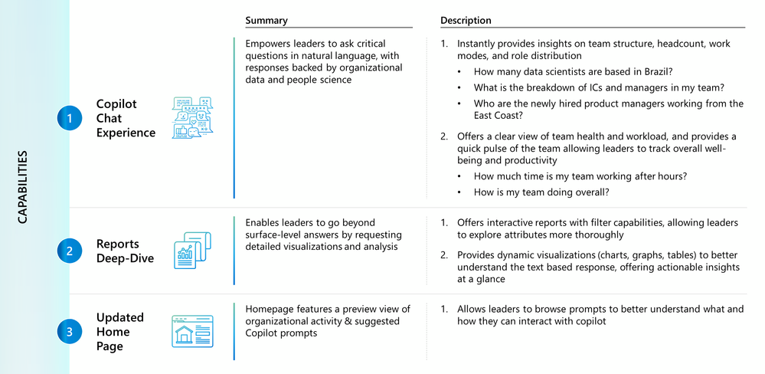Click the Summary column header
pyautogui.click(x=266, y=21)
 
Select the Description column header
pyautogui.click(x=466, y=21)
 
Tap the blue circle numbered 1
pyautogui.click(x=69, y=118)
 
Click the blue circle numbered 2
pyautogui.click(x=69, y=251)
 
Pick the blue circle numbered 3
pyautogui.click(x=69, y=332)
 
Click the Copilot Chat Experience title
pyautogui.click(x=126, y=118)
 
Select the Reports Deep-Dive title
pyautogui.click(x=125, y=251)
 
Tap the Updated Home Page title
pyautogui.click(x=120, y=332)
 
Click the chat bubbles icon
pyautogui.click(x=193, y=118)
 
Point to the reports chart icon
pyautogui.click(x=192, y=251)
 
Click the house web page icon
pyautogui.click(x=192, y=332)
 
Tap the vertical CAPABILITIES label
pyautogui.click(x=23, y=187)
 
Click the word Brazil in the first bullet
pyautogui.click(x=660, y=72)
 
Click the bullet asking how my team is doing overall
pyautogui.click(x=541, y=192)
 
